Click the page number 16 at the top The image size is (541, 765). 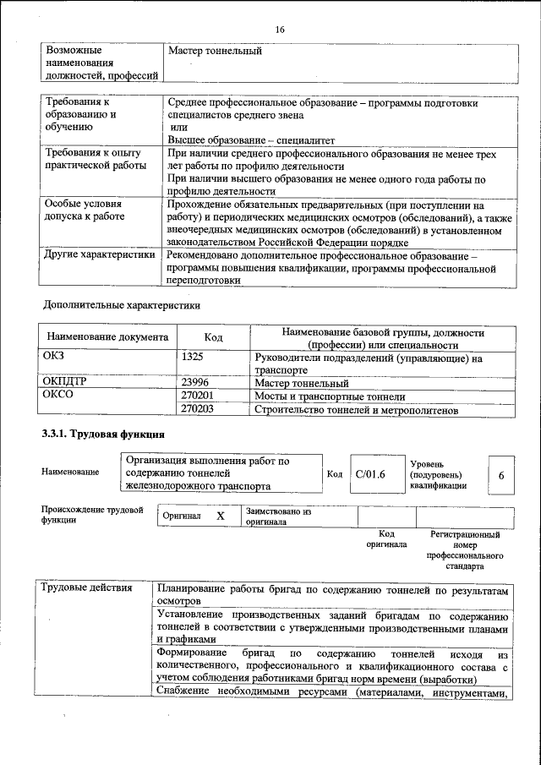(x=279, y=30)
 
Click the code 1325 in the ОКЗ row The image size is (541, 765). (x=193, y=357)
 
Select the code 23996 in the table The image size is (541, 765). (x=195, y=382)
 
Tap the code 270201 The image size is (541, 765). (x=198, y=395)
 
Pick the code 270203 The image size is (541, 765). (x=198, y=409)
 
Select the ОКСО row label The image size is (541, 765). (x=57, y=395)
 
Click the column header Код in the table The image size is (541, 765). (x=213, y=337)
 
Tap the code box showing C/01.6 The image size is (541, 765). (x=370, y=475)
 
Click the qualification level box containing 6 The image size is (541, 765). (x=501, y=476)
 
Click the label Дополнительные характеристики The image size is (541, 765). (x=122, y=303)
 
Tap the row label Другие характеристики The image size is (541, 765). (x=99, y=254)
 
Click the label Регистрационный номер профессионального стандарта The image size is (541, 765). (x=465, y=550)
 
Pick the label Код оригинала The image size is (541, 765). (x=386, y=539)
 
